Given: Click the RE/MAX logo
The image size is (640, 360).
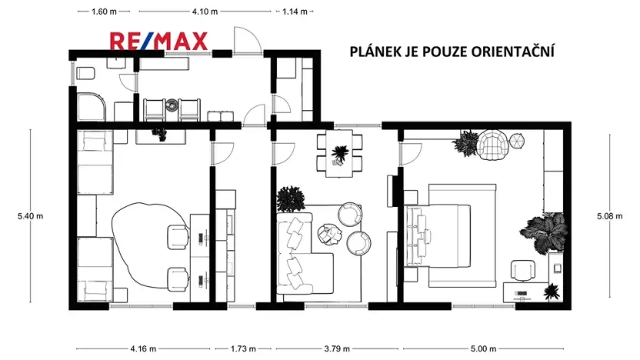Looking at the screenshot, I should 158,42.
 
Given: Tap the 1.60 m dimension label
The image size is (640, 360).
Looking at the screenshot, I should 103,12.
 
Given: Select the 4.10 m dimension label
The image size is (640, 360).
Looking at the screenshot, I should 204,12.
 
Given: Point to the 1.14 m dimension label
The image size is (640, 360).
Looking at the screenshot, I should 294,12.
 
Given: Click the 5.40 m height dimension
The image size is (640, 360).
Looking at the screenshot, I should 30,216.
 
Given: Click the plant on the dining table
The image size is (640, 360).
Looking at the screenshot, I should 338,154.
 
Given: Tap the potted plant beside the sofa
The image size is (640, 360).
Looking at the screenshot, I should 291,199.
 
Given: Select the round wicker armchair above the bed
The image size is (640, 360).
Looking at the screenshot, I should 493,145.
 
